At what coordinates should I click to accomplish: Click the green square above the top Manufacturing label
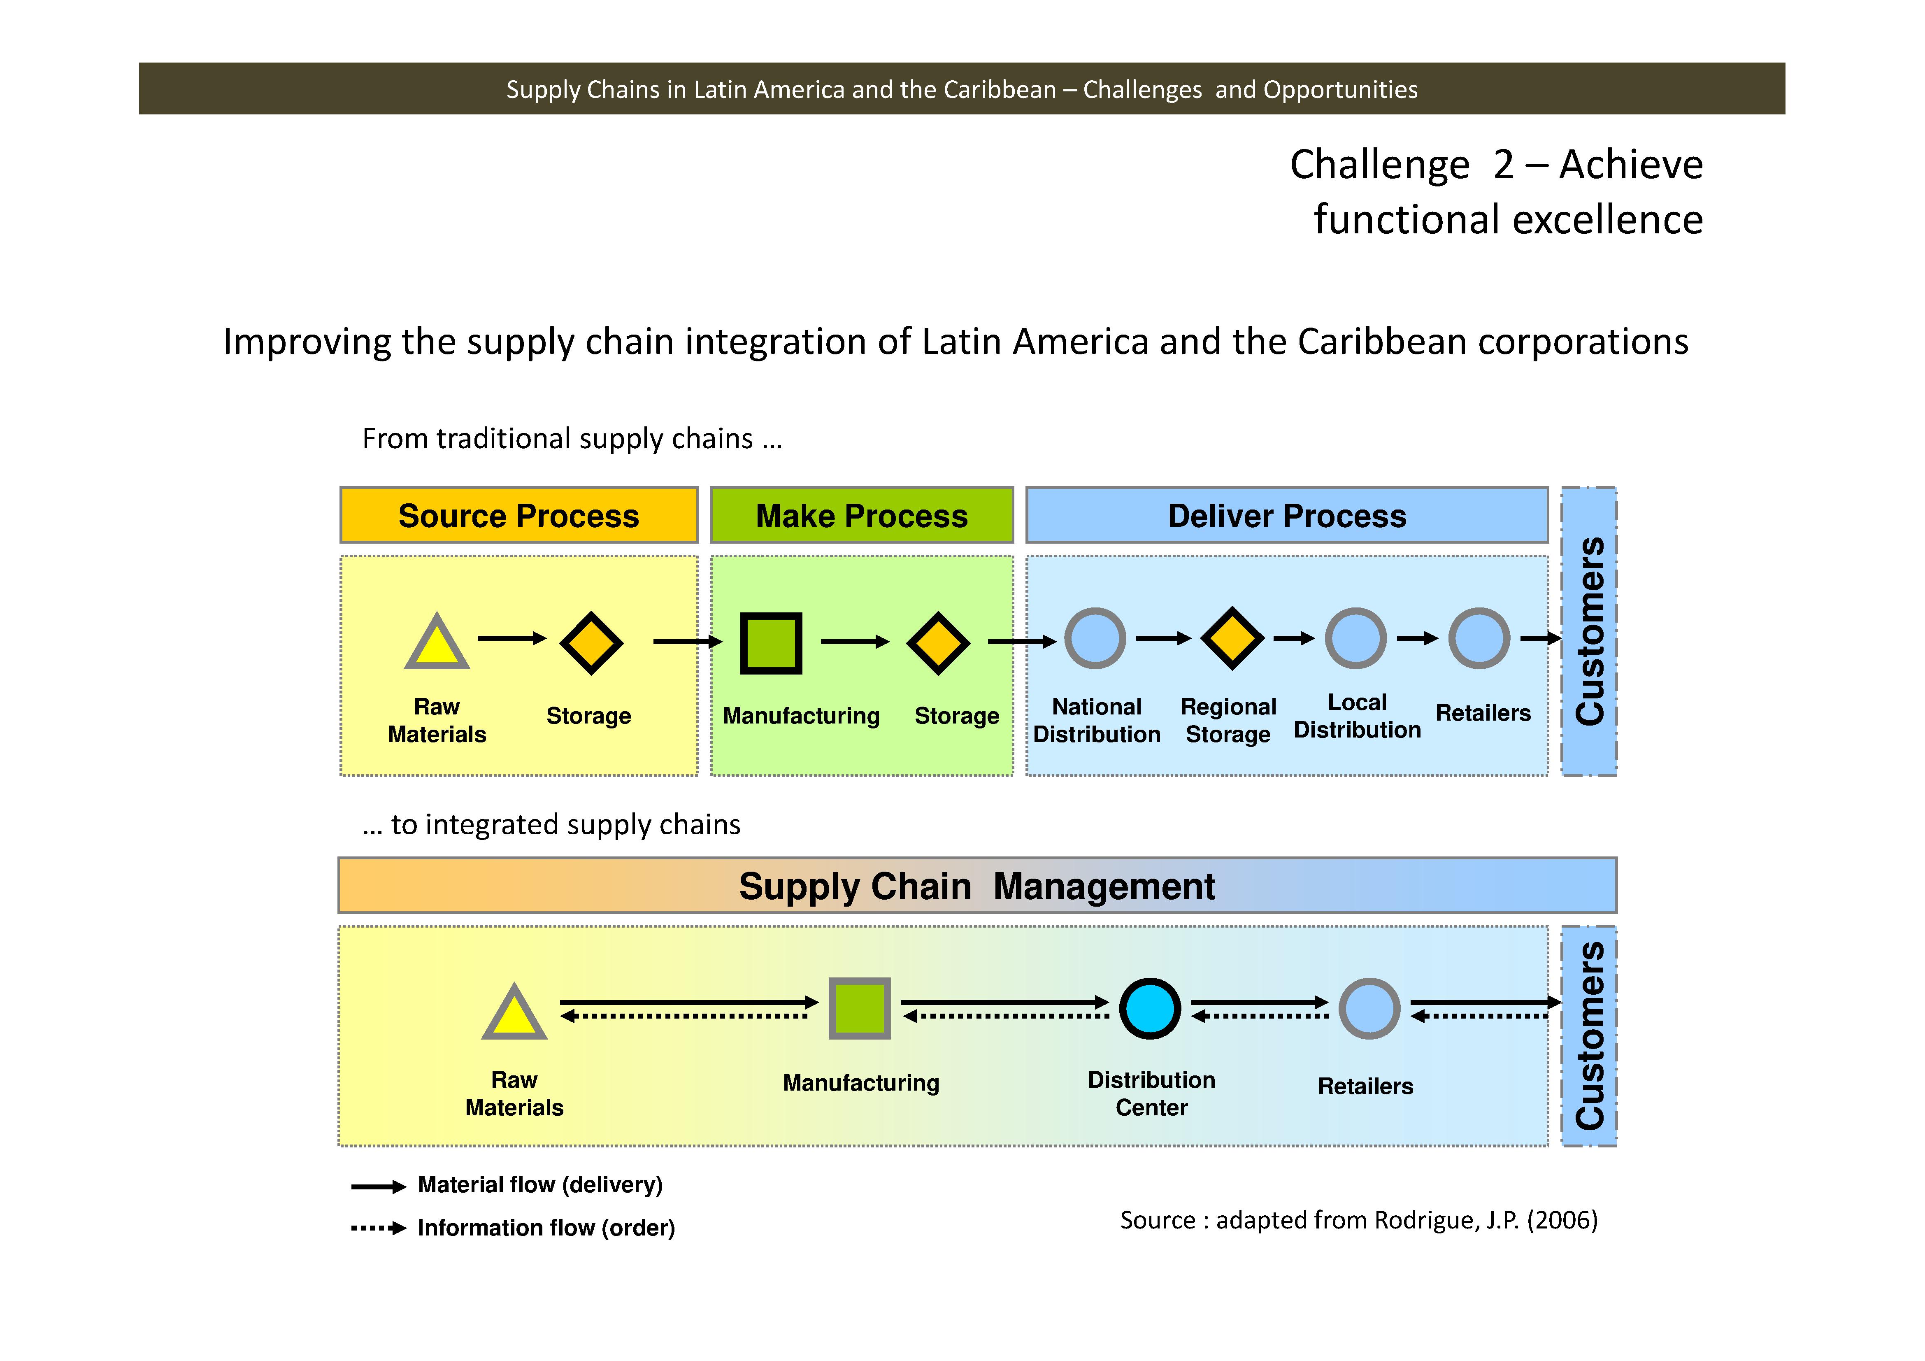point(770,643)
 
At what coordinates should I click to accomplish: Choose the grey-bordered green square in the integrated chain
point(859,1008)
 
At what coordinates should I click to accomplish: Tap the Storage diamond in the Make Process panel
point(938,643)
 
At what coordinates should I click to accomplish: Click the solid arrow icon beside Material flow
point(378,1187)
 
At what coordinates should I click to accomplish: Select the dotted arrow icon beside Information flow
point(378,1228)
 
